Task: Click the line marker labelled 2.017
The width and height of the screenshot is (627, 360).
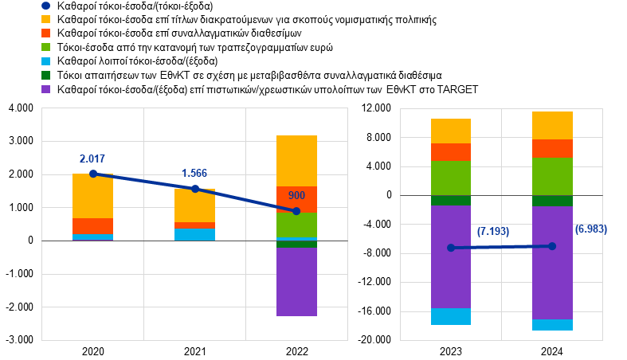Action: [93, 174]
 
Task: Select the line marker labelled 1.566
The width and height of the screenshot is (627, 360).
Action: [195, 189]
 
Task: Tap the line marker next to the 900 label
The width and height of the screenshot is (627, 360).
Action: [296, 211]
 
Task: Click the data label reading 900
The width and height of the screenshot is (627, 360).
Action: [296, 196]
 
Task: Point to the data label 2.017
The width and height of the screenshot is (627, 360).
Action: [92, 159]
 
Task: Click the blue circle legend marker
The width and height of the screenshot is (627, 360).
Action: [45, 6]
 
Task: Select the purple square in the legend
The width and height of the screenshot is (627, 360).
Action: [45, 89]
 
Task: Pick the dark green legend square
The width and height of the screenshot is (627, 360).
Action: [45, 75]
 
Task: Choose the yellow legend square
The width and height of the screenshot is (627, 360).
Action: [45, 19]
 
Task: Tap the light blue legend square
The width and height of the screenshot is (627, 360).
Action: [45, 61]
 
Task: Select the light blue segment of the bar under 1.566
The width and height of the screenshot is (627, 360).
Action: [195, 234]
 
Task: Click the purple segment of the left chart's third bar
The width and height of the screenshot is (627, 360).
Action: [297, 282]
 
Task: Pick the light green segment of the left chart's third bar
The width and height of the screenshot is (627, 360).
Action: [297, 225]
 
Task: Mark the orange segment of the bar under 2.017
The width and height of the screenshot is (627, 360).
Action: [93, 226]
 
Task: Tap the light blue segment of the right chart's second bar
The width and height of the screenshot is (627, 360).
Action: [553, 325]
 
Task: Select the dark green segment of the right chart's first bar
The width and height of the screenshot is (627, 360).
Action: [451, 201]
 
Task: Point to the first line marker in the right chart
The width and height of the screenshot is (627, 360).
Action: [451, 248]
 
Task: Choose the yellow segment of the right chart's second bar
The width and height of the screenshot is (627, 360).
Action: [553, 125]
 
